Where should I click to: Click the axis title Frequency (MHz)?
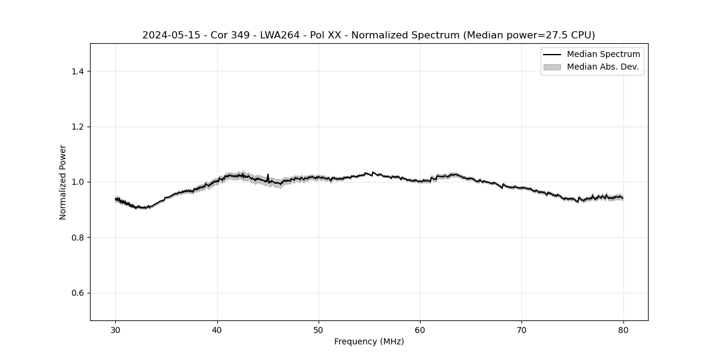click(x=369, y=341)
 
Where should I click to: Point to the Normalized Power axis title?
click(x=63, y=182)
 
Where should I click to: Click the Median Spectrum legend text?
click(x=603, y=55)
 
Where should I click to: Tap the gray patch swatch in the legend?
click(x=552, y=67)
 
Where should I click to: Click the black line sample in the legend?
click(x=552, y=55)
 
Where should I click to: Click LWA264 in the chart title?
click(x=279, y=35)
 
